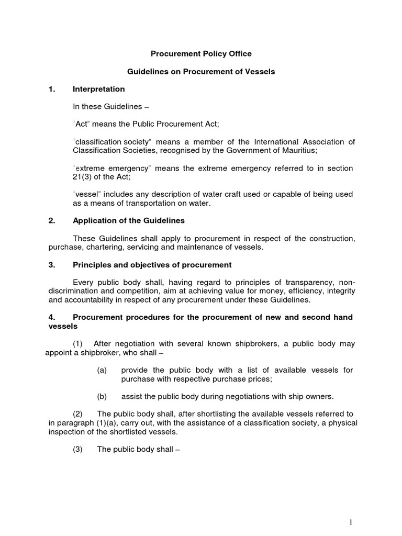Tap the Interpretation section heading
coord(99,89)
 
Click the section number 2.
coord(51,220)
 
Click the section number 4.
coord(51,317)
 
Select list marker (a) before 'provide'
coord(102,370)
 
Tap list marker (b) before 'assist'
coord(102,396)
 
